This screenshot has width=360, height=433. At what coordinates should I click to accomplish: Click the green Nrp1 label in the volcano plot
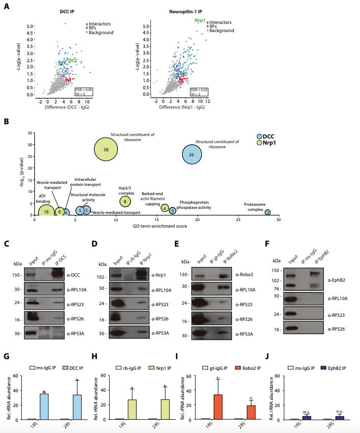(x=199, y=20)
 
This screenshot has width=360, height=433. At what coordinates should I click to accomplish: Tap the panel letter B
(x=6, y=122)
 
